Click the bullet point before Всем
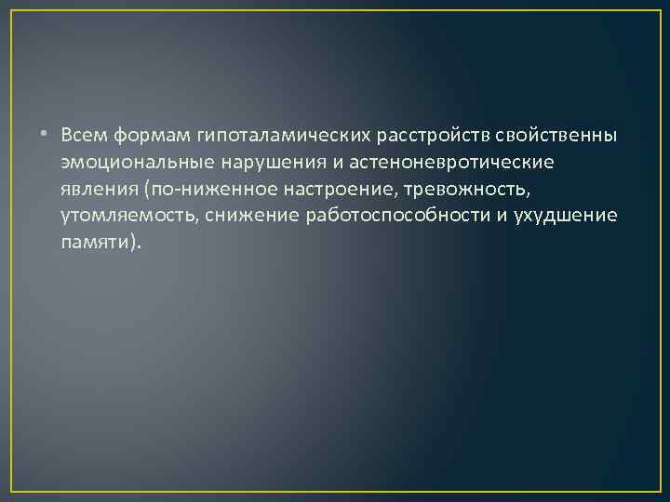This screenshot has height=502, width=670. (49, 136)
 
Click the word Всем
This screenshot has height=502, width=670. (86, 136)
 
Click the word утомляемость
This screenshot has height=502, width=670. (120, 217)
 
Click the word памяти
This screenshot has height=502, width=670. (96, 244)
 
